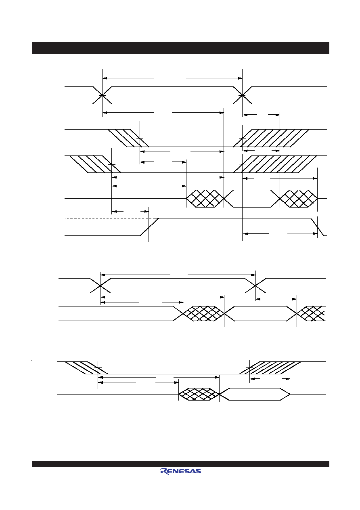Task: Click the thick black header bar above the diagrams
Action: [181, 48]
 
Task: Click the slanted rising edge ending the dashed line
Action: [149, 227]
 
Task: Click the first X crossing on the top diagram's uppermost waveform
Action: [102, 95]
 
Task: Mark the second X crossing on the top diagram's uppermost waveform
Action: [242, 95]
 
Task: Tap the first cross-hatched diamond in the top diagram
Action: [205, 199]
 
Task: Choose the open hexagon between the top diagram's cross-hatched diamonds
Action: [252, 199]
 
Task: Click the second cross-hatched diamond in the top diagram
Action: [299, 199]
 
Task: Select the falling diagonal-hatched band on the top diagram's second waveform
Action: [129, 138]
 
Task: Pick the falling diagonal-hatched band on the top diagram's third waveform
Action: [95, 164]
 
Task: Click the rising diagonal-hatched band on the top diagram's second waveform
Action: [271, 138]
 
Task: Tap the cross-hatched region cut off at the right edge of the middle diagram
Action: [311, 313]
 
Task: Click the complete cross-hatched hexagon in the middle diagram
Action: [204, 313]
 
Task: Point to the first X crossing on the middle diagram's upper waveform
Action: [100, 286]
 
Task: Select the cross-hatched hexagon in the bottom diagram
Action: [199, 394]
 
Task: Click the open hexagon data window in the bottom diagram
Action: [254, 394]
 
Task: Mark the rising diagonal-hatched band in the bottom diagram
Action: [270, 368]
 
